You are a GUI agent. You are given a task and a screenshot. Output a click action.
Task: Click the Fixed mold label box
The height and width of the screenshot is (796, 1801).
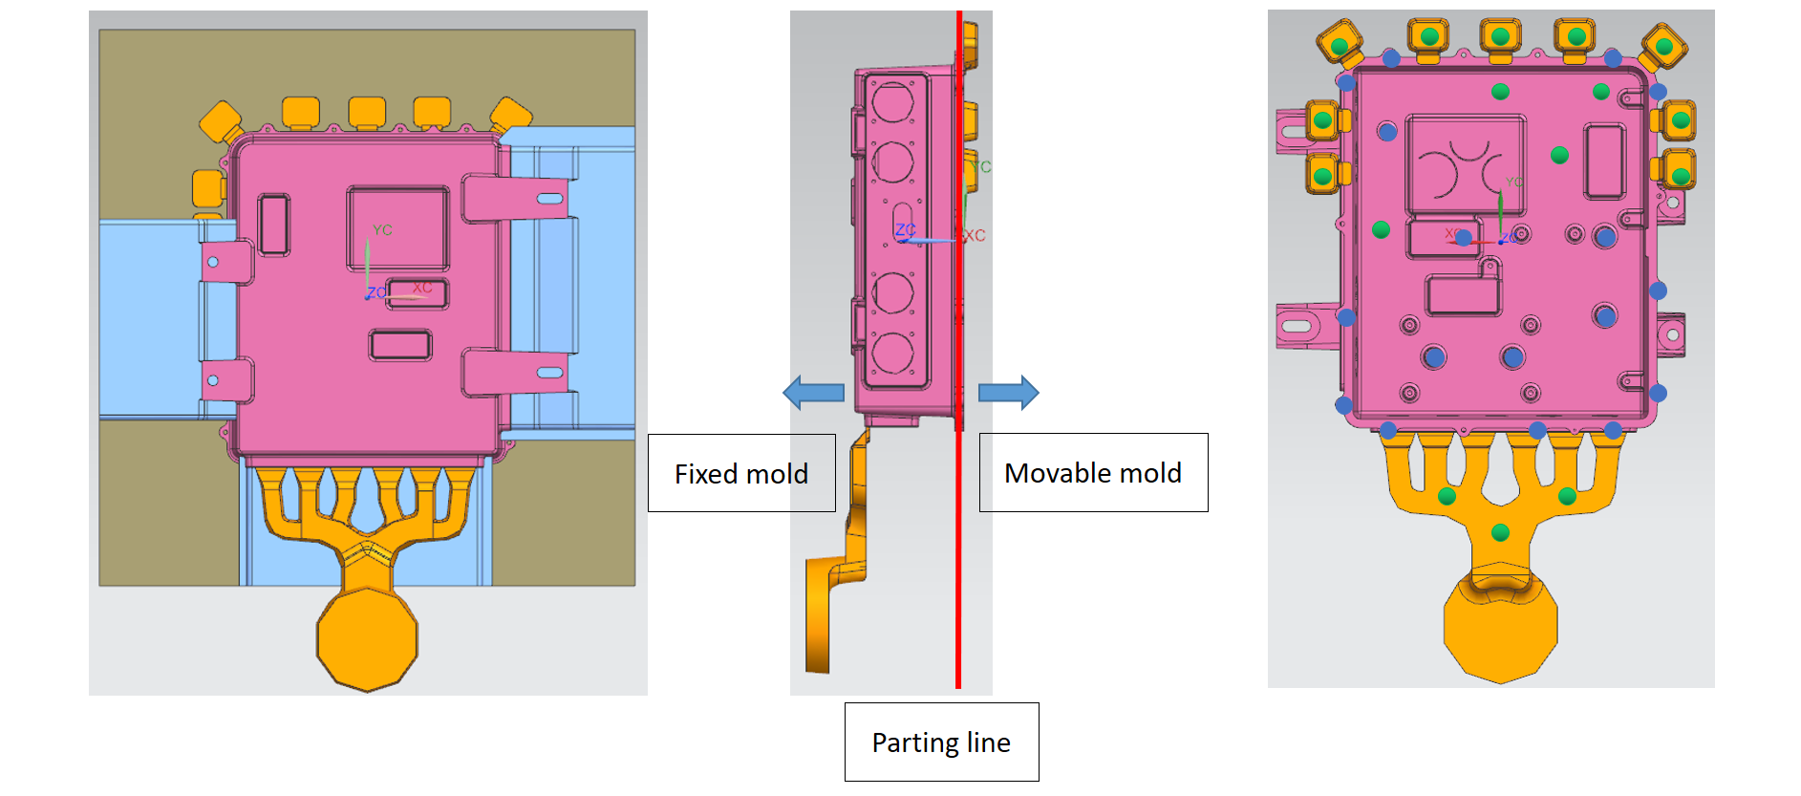741,473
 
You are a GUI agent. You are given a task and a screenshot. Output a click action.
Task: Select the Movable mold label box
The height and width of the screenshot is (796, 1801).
1093,472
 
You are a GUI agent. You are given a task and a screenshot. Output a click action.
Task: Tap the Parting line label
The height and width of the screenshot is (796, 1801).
941,742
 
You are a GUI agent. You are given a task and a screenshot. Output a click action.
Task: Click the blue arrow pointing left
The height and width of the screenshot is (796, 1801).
813,392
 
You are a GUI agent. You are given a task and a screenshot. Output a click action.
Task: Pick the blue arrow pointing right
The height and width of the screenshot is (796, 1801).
1009,392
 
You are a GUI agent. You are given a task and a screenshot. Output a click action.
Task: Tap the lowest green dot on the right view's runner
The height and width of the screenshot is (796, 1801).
1500,532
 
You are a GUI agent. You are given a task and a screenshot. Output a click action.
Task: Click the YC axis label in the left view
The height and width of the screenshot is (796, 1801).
382,230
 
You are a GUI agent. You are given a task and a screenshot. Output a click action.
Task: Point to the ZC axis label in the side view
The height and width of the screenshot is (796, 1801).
905,229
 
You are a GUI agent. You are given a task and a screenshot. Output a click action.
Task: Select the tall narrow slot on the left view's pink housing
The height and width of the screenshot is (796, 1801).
274,225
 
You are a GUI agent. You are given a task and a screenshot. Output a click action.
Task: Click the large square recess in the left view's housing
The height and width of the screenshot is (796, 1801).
397,228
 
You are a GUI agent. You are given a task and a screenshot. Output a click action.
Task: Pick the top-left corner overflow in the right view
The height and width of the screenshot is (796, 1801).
1340,44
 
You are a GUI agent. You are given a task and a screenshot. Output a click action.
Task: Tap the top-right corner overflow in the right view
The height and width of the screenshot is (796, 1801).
1663,45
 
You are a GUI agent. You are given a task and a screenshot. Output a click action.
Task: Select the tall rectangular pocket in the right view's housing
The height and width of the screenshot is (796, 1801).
1604,161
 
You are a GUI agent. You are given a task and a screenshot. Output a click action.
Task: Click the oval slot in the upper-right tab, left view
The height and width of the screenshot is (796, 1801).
550,199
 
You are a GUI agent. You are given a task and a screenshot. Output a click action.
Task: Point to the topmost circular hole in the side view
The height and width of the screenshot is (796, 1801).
892,102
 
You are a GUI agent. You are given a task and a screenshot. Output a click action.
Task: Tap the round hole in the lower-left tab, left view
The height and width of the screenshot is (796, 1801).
213,380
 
